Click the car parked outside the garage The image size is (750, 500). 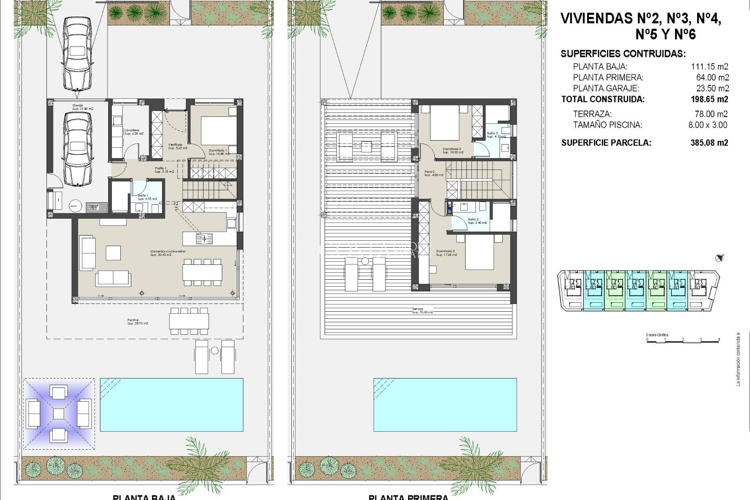point(77,53)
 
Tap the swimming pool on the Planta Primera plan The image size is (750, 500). point(445,405)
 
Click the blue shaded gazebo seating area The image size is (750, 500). point(59,414)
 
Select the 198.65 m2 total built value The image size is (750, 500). point(709,99)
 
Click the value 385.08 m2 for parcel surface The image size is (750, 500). point(709,143)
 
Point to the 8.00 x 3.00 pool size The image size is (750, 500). point(707,125)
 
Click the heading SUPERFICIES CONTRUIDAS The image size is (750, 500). point(623,54)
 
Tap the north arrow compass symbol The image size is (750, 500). point(719,258)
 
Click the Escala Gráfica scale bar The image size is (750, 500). point(683,339)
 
